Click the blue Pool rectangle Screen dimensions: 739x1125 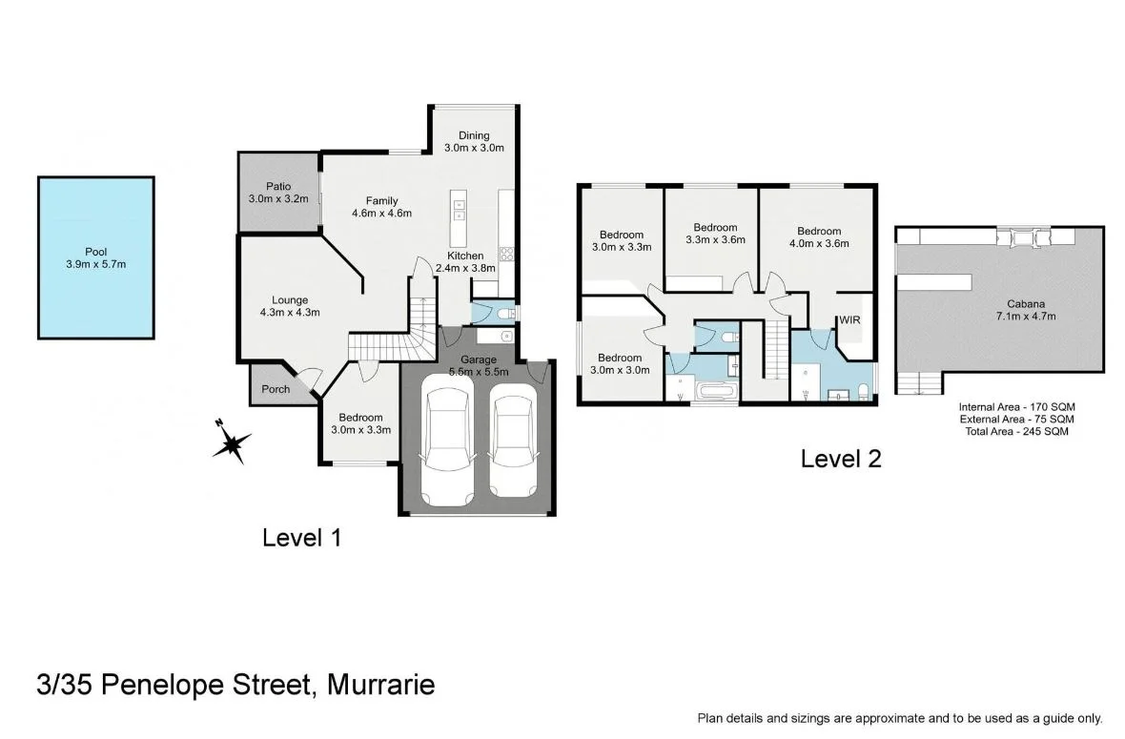95,257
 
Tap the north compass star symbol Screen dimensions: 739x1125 232,443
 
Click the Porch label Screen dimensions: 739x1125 276,389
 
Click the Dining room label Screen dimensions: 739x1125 474,135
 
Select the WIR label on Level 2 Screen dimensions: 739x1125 849,320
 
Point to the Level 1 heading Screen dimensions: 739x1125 301,538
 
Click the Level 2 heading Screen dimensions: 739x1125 840,459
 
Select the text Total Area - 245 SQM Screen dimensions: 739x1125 1016,431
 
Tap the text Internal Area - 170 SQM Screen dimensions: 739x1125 1016,407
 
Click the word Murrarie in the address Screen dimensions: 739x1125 380,685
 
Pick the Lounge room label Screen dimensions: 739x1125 289,300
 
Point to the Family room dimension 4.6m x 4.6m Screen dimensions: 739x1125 381,214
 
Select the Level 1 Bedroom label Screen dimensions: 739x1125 360,418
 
